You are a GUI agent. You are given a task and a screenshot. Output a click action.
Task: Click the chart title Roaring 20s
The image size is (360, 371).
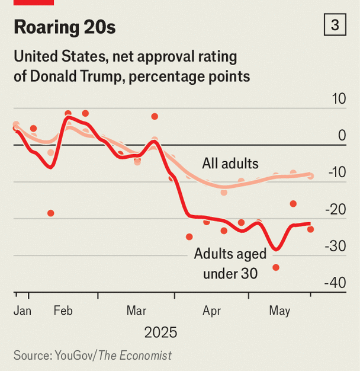tap(65, 27)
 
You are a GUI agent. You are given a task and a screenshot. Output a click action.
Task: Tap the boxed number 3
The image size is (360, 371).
tap(335, 25)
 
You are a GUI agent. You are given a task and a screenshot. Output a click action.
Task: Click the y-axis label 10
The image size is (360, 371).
tap(339, 98)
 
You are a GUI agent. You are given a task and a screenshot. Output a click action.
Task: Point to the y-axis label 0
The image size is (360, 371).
tap(342, 135)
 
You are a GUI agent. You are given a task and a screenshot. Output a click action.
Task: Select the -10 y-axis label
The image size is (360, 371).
tap(337, 172)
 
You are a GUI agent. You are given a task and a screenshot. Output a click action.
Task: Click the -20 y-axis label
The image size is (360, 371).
tap(336, 209)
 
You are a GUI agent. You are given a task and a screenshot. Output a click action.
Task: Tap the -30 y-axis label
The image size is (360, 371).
tap(336, 247)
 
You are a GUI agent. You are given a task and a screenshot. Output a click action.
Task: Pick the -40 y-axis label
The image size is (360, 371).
tap(335, 283)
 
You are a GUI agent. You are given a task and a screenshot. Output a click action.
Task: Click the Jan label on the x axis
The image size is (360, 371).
tap(22, 311)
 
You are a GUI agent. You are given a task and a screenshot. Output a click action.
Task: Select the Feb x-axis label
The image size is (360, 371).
tap(63, 311)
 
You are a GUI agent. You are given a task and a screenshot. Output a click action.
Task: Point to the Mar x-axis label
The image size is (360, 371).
tap(136, 311)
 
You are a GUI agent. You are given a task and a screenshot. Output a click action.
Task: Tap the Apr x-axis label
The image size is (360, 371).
tap(211, 311)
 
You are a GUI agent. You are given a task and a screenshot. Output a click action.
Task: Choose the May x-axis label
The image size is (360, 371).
tap(279, 311)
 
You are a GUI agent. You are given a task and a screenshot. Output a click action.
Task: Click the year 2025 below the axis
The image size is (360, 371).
tap(160, 332)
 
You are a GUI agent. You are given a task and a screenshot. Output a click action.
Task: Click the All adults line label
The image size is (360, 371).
tap(230, 164)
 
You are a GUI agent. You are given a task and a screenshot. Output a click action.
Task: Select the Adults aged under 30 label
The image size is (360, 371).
tap(230, 264)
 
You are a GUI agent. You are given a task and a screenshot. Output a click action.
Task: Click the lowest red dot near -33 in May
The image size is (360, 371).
tap(276, 268)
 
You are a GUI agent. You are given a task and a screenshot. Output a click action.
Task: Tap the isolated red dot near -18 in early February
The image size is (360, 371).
tap(51, 213)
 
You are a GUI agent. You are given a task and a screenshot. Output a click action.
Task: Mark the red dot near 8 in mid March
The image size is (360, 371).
tap(155, 116)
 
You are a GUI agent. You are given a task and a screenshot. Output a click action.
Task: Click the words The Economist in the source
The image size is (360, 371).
tap(135, 356)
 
